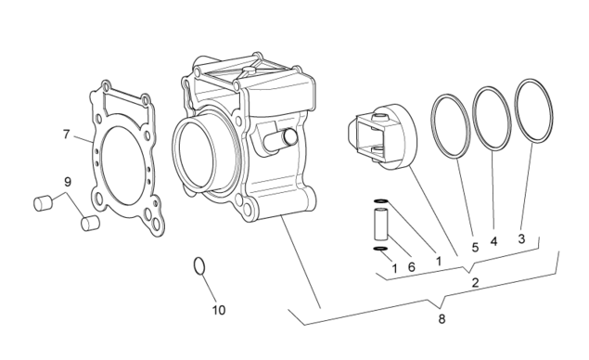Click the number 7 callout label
coord(67,135)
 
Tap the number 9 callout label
coord(68,182)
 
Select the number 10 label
coord(219,310)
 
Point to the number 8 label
coord(442,319)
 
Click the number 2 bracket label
coord(475,283)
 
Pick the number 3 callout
coord(521,238)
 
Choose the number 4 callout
coord(493,241)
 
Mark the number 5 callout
coord(475,247)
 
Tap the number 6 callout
coord(411,267)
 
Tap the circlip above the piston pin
coord(380,201)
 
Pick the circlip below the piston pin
coord(380,249)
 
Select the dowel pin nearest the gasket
coord(90,224)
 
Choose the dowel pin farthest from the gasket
coord(43,203)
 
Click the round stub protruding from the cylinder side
coord(281,140)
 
